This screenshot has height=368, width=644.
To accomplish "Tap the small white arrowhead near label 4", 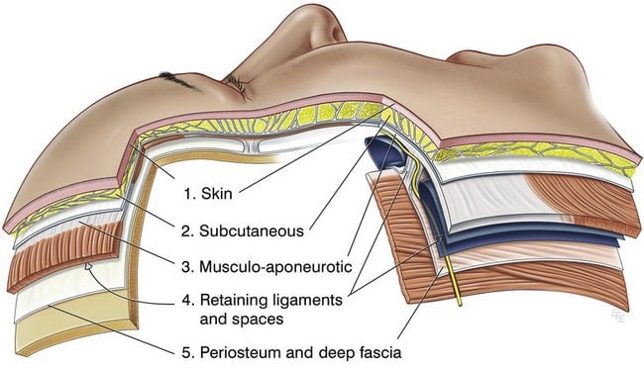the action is click(x=90, y=266).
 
